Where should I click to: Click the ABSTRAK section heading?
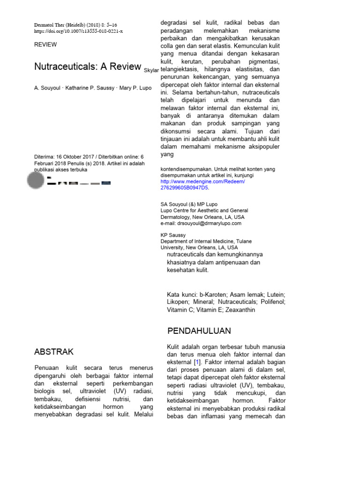point(54,352)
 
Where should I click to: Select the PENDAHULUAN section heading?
point(199,331)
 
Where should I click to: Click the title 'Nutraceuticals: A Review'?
point(87,66)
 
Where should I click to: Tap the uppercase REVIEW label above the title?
point(45,45)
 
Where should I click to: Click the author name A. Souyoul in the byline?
point(49,88)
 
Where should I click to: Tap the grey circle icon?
point(37,180)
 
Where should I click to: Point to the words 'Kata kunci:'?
point(180,294)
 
